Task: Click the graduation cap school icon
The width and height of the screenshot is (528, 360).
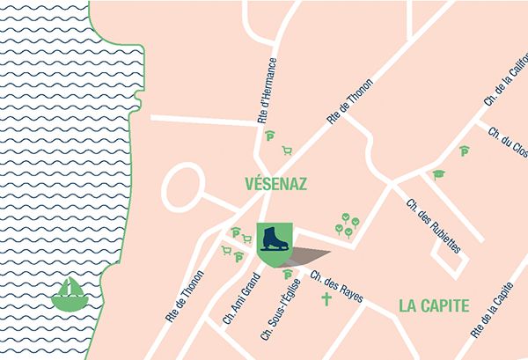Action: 437,175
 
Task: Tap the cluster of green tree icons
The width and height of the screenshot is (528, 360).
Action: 348,226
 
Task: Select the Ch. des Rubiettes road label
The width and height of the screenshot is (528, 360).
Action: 434,225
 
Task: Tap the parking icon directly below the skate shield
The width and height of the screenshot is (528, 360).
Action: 287,276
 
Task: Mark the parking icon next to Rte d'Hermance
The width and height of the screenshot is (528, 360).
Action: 271,136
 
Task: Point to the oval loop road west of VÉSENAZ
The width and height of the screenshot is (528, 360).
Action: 184,187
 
